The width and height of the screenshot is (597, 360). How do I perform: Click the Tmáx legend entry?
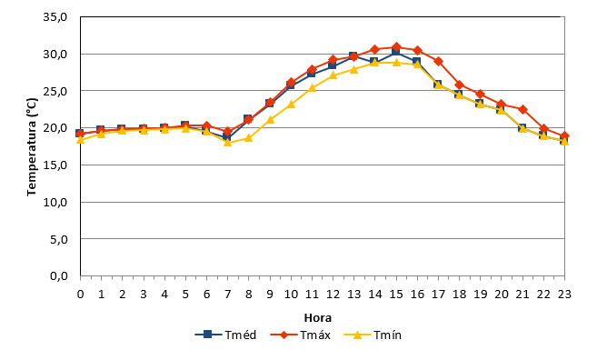click(301, 335)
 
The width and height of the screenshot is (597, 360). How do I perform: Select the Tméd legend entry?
click(225, 335)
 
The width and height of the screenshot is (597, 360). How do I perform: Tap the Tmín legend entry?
click(373, 335)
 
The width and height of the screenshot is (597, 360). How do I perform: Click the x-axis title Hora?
click(318, 317)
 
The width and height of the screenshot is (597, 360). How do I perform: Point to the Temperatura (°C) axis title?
click(32, 147)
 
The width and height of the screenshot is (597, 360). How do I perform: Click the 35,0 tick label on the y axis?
click(55, 17)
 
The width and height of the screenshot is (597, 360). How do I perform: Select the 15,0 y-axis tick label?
click(55, 165)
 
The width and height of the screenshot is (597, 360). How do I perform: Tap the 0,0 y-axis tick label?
click(59, 275)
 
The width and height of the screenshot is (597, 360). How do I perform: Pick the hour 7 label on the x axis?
click(228, 295)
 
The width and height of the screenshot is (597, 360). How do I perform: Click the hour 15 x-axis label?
click(396, 295)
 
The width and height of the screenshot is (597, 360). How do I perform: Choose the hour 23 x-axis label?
click(564, 295)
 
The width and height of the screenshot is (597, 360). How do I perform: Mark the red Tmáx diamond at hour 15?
click(396, 47)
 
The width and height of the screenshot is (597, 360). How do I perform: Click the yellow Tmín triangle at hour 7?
click(228, 142)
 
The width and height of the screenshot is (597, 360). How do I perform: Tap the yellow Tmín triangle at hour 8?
click(249, 138)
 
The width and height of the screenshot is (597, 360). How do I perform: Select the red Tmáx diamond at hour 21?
click(522, 109)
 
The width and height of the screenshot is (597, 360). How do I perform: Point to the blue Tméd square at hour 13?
click(353, 56)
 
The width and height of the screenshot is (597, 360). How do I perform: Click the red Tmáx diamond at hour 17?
click(438, 61)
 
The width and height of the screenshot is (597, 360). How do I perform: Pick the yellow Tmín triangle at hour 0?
click(80, 140)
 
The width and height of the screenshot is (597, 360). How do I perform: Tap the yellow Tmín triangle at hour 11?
click(312, 88)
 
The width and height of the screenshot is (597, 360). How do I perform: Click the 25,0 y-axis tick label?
click(55, 91)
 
